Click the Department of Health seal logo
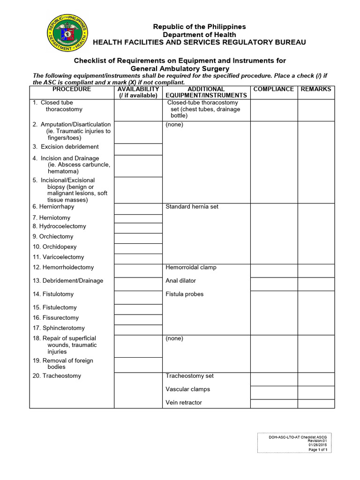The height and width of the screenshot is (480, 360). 67,33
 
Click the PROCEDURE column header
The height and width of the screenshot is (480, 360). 72,89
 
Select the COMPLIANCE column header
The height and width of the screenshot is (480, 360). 273,89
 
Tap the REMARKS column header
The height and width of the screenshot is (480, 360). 315,89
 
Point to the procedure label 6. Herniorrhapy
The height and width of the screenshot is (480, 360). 53,207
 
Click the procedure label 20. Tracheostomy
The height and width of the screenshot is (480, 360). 57,376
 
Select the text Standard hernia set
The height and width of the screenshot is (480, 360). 192,207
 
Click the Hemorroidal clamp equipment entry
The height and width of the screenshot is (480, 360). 191,268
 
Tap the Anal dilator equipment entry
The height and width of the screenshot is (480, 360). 181,281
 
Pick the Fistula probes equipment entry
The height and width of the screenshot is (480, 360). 185,294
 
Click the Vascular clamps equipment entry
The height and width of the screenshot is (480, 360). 187,389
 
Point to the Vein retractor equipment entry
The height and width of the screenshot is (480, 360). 184,403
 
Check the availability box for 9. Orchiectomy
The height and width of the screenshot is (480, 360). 138,238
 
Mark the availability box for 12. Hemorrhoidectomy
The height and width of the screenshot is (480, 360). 138,270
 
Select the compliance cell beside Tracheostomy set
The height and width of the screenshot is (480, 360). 273,379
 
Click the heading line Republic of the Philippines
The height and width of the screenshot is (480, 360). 199,27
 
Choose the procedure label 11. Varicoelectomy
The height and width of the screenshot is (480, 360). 59,257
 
